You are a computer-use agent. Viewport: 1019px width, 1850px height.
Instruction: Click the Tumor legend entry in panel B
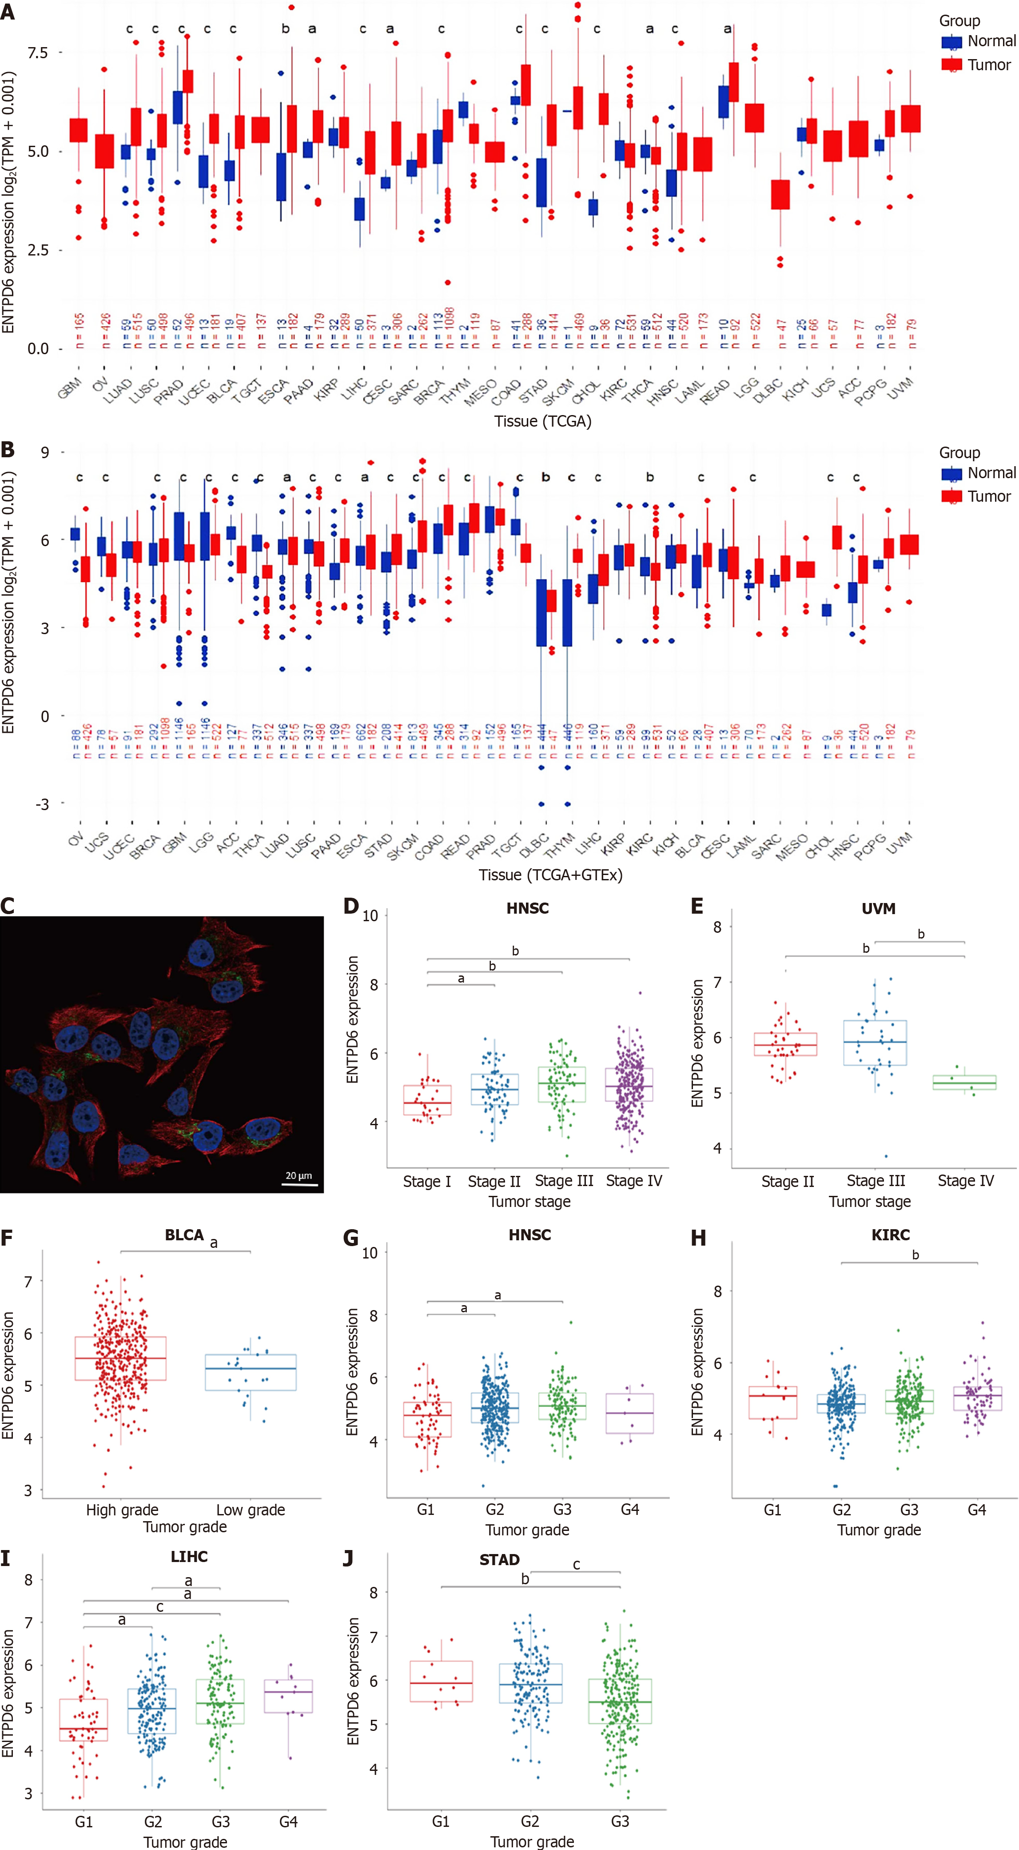pyautogui.click(x=977, y=496)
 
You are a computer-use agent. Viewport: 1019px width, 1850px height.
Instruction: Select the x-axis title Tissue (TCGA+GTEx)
pyautogui.click(x=550, y=875)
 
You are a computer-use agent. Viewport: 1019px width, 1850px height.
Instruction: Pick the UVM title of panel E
pyautogui.click(x=878, y=908)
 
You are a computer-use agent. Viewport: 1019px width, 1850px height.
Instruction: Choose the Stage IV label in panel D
pyautogui.click(x=634, y=1181)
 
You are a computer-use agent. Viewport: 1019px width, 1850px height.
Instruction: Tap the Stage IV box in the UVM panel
pyautogui.click(x=964, y=1082)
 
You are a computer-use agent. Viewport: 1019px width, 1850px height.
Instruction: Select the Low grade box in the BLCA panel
pyautogui.click(x=251, y=1372)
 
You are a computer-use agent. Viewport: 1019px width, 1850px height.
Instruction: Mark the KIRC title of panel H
pyautogui.click(x=891, y=1235)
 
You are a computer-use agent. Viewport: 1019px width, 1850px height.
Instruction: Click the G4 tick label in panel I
pyautogui.click(x=288, y=1822)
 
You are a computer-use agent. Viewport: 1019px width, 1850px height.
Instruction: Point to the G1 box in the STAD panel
pyautogui.click(x=441, y=1681)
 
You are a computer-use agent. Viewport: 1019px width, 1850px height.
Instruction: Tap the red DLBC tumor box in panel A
pyautogui.click(x=780, y=195)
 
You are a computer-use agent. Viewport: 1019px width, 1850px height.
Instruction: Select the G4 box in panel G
pyautogui.click(x=630, y=1413)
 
